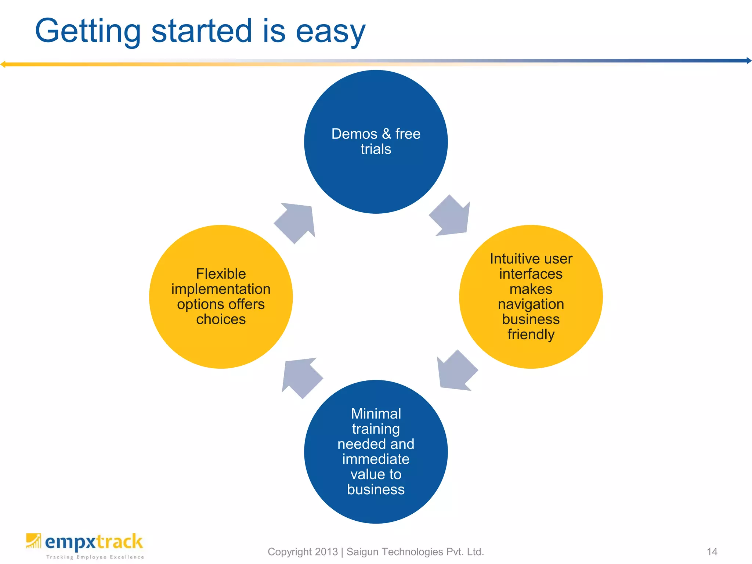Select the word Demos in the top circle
pyautogui.click(x=354, y=134)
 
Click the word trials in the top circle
pyautogui.click(x=376, y=149)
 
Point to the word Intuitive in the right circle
pyautogui.click(x=511, y=259)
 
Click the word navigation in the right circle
pyautogui.click(x=531, y=304)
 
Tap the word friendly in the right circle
pyautogui.click(x=531, y=335)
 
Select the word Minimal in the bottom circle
pyautogui.click(x=376, y=414)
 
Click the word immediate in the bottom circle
pyautogui.click(x=376, y=459)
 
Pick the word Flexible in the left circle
pyautogui.click(x=221, y=274)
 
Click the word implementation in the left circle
pyautogui.click(x=221, y=289)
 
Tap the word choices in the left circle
pyautogui.click(x=221, y=319)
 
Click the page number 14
pyautogui.click(x=712, y=552)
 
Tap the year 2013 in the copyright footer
pyautogui.click(x=326, y=552)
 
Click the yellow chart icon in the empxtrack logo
pyautogui.click(x=33, y=541)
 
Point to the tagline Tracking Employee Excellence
pyautogui.click(x=95, y=557)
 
